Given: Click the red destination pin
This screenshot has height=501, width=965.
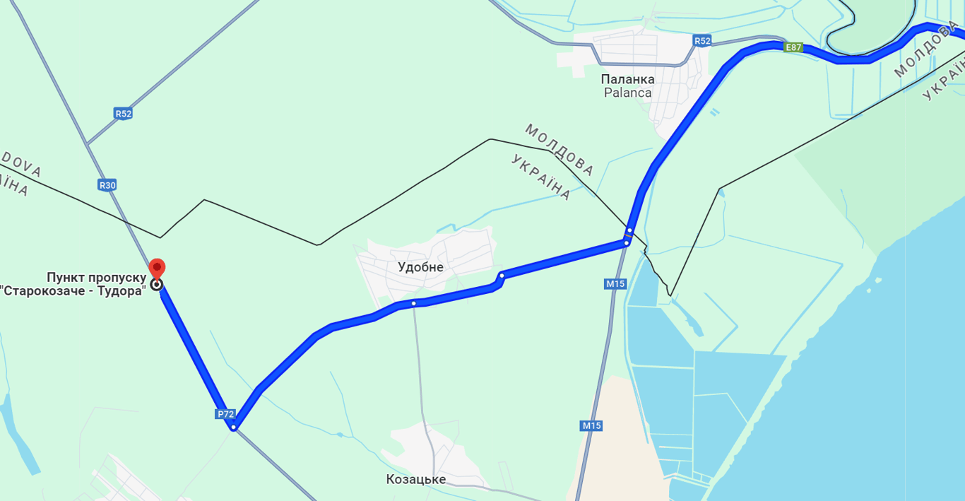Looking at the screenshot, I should tap(157, 269).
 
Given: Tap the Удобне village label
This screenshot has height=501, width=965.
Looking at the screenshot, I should tap(420, 267).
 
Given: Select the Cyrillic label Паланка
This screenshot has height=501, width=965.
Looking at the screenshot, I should tap(627, 79).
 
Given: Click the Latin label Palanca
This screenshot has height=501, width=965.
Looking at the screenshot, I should tap(627, 93).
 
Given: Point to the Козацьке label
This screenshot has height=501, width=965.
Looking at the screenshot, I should tap(415, 479).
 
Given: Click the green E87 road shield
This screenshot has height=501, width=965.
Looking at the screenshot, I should tap(793, 47).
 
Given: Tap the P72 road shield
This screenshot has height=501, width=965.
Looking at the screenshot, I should tap(225, 414).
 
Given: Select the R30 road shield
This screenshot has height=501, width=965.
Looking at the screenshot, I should tap(107, 185).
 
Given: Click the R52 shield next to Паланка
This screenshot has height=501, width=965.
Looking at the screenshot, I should tap(701, 41).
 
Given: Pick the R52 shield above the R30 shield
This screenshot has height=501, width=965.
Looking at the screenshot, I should tap(123, 113).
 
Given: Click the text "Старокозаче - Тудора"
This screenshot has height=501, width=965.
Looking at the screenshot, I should tap(73, 290).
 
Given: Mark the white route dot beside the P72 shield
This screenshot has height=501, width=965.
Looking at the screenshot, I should tap(233, 427).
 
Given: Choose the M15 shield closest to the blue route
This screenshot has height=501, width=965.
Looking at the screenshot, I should tap(615, 284).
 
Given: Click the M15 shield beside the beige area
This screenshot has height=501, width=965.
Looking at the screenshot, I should tap(591, 425).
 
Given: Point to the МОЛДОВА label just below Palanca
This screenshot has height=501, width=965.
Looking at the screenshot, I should tap(559, 150).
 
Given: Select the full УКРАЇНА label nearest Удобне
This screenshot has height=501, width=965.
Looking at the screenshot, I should tap(540, 177).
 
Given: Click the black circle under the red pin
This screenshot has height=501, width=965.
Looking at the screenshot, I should tap(157, 285).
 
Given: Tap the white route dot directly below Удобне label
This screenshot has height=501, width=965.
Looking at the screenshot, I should tap(414, 303).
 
